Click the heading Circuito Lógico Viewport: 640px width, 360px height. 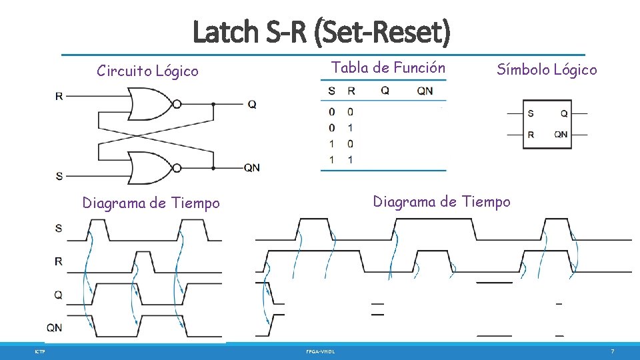tap(147, 71)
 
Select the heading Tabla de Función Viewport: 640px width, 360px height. tap(388, 67)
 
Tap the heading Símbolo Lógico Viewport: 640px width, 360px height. tap(547, 69)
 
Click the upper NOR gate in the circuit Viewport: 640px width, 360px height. tap(152, 104)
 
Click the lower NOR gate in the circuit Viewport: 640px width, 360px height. tap(152, 167)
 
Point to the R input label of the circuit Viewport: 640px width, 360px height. tap(59, 96)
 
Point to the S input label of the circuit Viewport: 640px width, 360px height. tap(59, 176)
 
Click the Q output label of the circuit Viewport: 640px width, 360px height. tap(252, 105)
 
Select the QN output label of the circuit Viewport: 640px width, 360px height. tap(251, 168)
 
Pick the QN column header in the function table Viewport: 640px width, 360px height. tap(425, 91)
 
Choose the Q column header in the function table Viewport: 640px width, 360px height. tap(385, 91)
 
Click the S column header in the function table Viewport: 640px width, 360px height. tap(331, 91)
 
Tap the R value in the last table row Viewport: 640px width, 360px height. tap(350, 159)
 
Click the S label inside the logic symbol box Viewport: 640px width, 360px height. tap(530, 113)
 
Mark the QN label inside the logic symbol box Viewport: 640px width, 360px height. tap(561, 134)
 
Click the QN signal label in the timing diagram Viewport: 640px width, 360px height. tap(55, 327)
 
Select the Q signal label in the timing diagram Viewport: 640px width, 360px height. tap(59, 294)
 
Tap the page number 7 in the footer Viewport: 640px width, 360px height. tap(612, 351)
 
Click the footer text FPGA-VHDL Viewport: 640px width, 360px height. tap(321, 351)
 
